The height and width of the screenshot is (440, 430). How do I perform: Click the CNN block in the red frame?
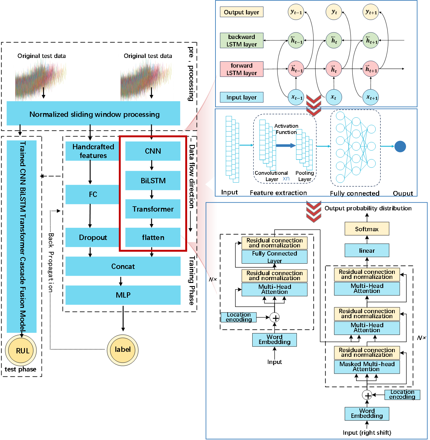point(153,151)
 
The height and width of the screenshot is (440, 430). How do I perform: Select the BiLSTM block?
point(153,180)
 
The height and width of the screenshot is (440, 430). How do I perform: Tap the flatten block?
point(153,237)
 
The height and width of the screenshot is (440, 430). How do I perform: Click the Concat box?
point(123,266)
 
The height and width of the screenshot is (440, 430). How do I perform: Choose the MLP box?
point(123,295)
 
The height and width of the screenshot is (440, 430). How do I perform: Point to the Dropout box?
point(93,237)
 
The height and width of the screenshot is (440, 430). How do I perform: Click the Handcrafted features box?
point(93,151)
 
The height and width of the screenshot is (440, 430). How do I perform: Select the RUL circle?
point(22,351)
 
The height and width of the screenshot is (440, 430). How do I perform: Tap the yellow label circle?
point(123,350)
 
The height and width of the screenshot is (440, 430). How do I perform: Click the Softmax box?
point(367,229)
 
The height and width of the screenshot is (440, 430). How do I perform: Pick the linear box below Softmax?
point(367,251)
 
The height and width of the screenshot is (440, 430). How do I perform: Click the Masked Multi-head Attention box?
point(367,367)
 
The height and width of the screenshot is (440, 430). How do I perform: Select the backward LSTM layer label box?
point(241,41)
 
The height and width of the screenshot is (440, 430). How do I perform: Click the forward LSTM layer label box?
point(241,69)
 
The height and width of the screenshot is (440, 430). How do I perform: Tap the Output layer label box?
point(241,12)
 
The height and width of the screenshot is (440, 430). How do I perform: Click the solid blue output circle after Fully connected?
point(400,146)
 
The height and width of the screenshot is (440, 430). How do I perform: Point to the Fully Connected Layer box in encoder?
point(274,257)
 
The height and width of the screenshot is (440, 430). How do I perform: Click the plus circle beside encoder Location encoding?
point(275,318)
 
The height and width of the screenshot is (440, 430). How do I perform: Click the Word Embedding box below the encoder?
point(274,340)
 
